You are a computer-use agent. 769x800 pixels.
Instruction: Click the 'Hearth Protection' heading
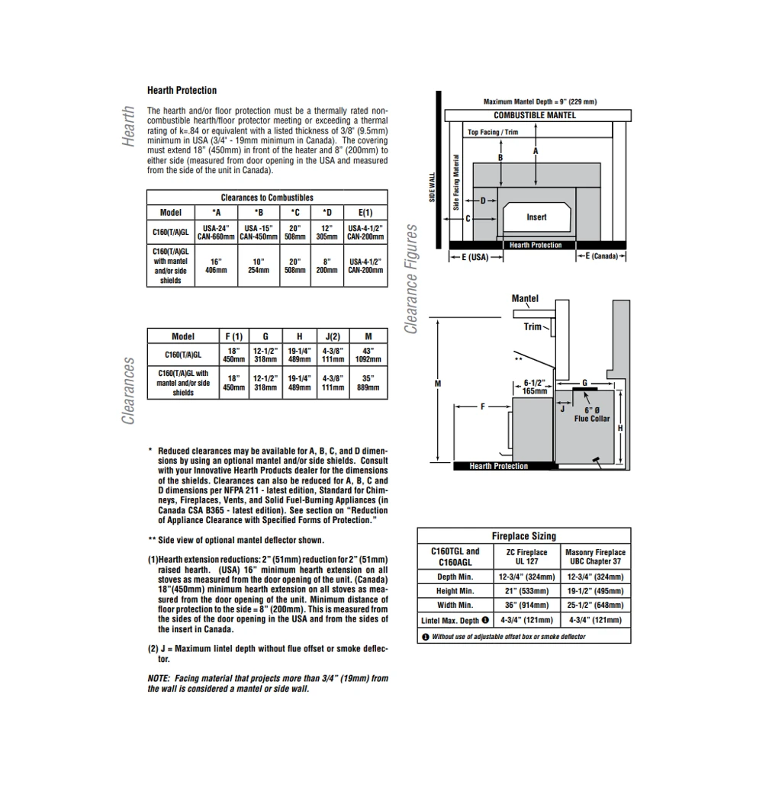point(182,90)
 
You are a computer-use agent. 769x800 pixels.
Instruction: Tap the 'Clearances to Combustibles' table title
point(267,198)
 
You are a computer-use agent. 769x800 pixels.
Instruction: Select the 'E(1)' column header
point(365,213)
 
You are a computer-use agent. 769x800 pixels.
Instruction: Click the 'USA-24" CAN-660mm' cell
point(217,232)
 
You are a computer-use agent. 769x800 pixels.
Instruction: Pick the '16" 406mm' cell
point(217,265)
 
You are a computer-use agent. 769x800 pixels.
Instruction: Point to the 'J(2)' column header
point(332,336)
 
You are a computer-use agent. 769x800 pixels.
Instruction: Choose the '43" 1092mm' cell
point(368,355)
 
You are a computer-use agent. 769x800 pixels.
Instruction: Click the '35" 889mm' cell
point(368,382)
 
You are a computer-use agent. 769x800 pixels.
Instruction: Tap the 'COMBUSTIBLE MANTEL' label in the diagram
point(535,115)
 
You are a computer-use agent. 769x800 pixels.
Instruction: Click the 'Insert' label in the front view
point(536,217)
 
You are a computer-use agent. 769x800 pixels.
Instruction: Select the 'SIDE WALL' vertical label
point(432,186)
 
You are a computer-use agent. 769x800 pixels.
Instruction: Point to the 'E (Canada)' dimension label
point(602,256)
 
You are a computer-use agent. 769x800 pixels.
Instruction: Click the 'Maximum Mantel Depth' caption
point(539,101)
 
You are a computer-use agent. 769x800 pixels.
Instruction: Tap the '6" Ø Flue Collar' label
point(592,414)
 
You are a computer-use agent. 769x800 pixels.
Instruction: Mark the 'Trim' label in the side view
point(533,326)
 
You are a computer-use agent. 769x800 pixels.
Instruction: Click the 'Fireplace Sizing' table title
point(523,536)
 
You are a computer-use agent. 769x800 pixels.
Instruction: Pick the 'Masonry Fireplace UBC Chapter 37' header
point(595,557)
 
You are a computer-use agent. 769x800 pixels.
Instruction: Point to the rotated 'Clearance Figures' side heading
point(412,279)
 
